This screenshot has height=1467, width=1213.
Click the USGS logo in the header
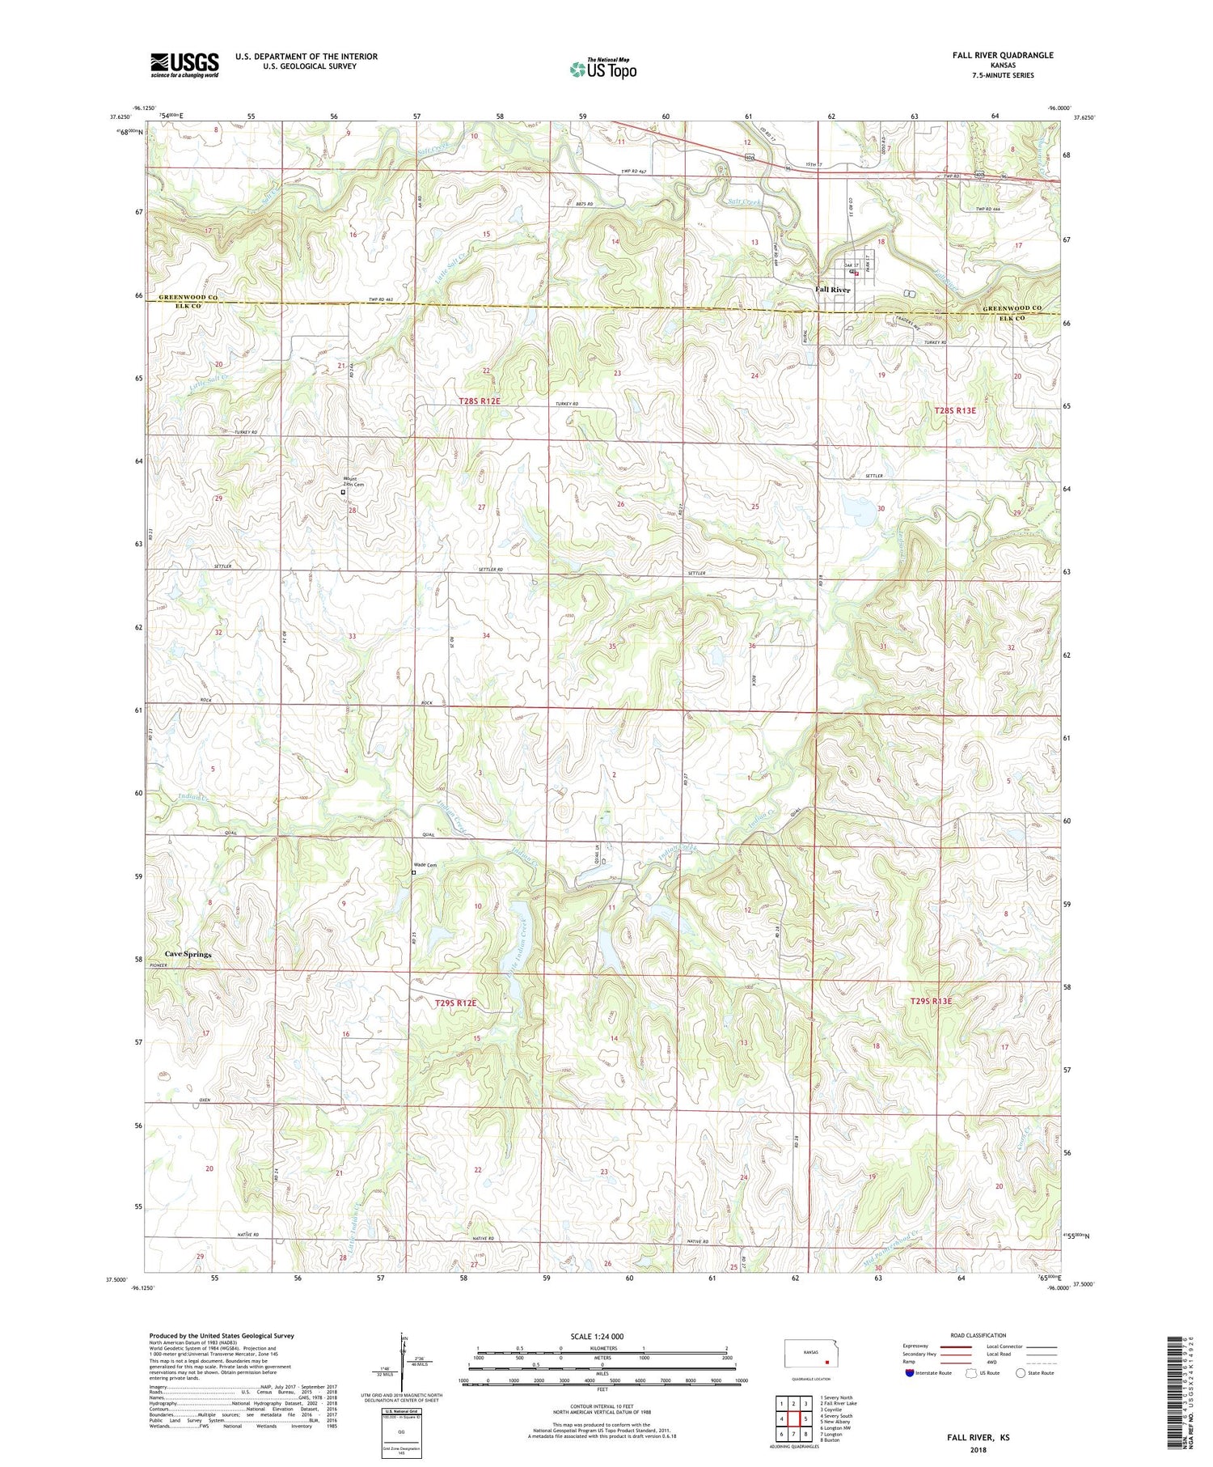(184, 65)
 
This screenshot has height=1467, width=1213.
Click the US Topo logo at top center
(602, 69)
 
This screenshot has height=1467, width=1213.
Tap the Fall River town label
(832, 290)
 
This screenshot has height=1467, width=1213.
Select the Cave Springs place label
(188, 954)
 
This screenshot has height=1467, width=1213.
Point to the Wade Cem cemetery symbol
(413, 872)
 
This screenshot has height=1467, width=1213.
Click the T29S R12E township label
(455, 1003)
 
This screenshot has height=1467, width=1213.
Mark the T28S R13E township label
(955, 410)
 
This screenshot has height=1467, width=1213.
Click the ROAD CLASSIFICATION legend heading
(978, 1335)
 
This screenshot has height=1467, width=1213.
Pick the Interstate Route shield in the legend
(910, 1372)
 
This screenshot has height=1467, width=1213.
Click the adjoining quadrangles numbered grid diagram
(796, 1418)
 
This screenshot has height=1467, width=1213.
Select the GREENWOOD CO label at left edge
(188, 297)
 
